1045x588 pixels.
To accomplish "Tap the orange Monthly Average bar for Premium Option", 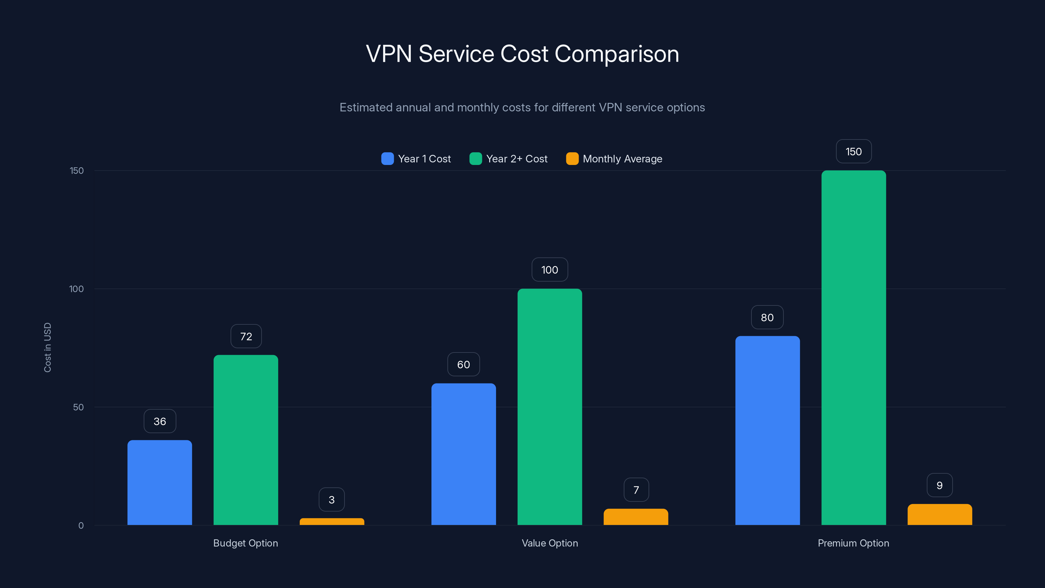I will pos(940,514).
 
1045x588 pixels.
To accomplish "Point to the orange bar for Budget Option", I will pos(332,521).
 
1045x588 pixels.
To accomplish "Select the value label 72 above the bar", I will pos(246,336).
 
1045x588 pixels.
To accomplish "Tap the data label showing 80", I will pos(767,317).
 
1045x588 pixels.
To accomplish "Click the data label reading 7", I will pos(636,490).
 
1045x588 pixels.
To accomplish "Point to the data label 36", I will pos(160,421).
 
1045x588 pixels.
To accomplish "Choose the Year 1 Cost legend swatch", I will pos(387,159).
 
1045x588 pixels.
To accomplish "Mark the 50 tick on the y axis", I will pos(78,407).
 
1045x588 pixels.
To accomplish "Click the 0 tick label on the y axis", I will pos(81,526).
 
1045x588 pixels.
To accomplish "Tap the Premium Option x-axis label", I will pos(853,543).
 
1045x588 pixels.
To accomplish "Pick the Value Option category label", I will pos(550,543).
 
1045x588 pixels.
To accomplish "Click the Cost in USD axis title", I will pos(47,347).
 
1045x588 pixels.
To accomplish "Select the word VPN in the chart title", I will pos(389,54).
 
